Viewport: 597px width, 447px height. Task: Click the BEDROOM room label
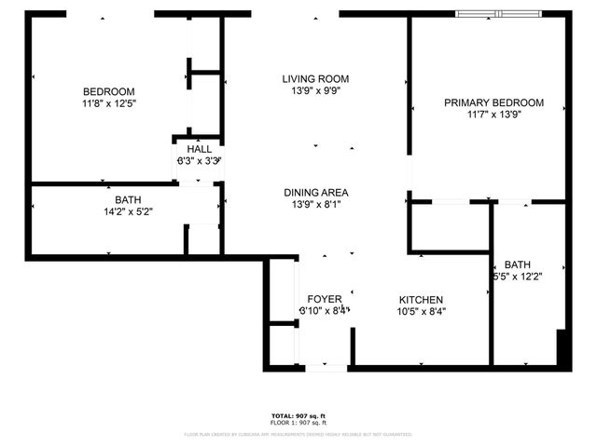[109, 91]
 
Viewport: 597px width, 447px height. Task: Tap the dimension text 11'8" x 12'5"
[109, 104]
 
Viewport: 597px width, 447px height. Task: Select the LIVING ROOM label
[315, 79]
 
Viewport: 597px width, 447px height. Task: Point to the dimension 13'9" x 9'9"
[315, 92]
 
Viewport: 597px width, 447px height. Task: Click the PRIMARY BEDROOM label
[493, 102]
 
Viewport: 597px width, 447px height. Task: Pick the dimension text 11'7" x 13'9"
[493, 115]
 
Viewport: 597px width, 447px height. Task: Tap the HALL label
[199, 149]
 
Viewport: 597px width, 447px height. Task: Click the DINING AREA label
[316, 193]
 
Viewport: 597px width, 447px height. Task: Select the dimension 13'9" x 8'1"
[316, 206]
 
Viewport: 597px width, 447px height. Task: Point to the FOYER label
[325, 299]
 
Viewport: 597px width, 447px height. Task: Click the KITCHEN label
[420, 300]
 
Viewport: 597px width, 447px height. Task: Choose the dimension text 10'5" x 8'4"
[420, 312]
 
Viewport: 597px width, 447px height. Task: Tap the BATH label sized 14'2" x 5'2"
[128, 200]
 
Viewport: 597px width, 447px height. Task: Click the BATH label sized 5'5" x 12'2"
[517, 264]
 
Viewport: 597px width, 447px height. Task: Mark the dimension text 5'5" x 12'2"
[517, 277]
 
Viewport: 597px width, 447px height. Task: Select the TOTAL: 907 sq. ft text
[298, 415]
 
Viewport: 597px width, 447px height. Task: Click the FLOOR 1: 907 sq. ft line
[298, 423]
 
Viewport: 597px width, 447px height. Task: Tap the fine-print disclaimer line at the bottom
[298, 434]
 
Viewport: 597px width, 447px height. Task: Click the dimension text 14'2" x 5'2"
[128, 212]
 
